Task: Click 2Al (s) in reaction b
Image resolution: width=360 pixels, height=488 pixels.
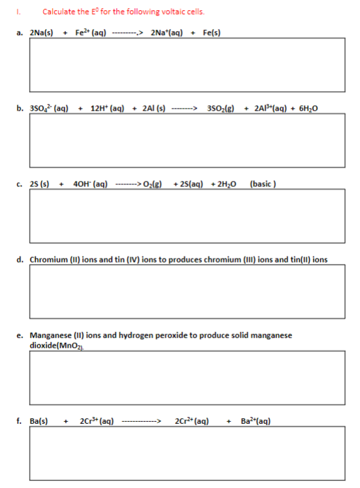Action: pyautogui.click(x=154, y=107)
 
